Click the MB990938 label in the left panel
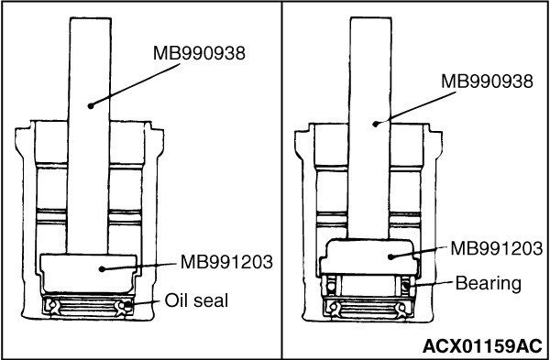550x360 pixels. (x=199, y=54)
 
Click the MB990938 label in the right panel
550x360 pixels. (x=487, y=82)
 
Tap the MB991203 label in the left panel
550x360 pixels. (x=226, y=262)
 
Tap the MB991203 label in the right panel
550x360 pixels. (x=496, y=249)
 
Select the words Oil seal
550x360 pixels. (x=196, y=300)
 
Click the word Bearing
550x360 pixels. (x=489, y=284)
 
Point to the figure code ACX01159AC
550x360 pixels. (x=482, y=346)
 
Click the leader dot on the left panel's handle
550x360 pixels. (x=91, y=105)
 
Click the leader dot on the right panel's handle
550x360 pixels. (x=376, y=124)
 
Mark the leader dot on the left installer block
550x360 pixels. (x=102, y=269)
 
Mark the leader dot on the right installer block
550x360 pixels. (x=390, y=256)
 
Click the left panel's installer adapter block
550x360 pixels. (x=88, y=273)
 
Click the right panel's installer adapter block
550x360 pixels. (x=369, y=256)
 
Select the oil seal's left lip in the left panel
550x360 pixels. (x=53, y=307)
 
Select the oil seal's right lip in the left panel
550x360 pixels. (x=122, y=307)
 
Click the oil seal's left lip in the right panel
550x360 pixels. (x=335, y=309)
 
